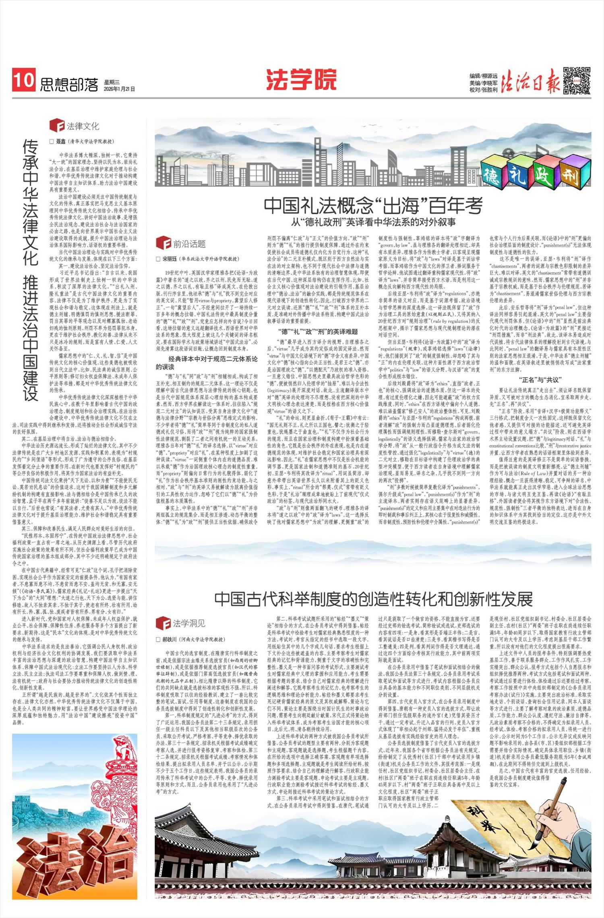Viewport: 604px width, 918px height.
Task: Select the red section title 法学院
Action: point(301,79)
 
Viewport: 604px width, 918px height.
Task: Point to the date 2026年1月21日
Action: point(119,89)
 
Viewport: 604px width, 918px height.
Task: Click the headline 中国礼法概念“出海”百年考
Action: point(373,206)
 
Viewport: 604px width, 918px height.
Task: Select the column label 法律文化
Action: point(83,126)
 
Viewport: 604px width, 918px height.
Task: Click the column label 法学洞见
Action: point(189,624)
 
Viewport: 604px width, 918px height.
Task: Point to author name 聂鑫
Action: point(61,141)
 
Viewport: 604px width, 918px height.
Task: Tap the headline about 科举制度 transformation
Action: point(373,599)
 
